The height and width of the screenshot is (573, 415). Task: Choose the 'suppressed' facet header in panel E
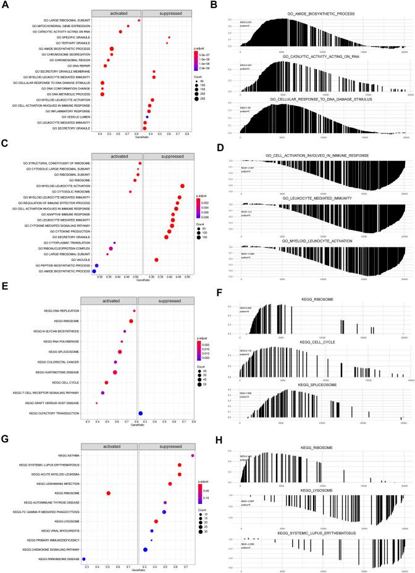pos(166,302)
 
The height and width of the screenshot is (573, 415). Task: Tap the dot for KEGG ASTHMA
pos(193,456)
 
